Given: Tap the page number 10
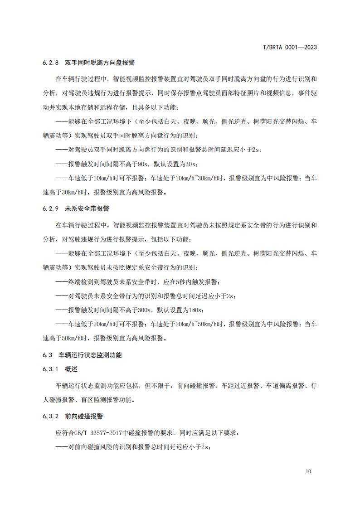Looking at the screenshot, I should tap(308, 471).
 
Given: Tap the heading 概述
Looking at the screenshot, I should tap(71, 369).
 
